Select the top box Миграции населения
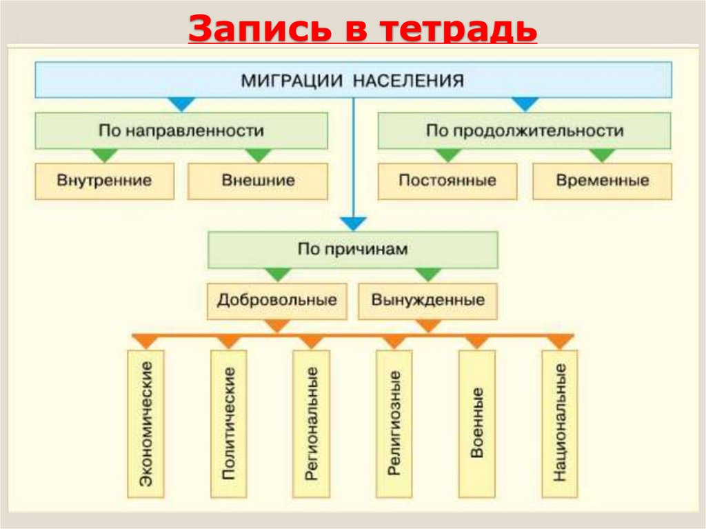pyautogui.click(x=353, y=80)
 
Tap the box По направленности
pyautogui.click(x=181, y=130)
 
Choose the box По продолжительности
pyautogui.click(x=524, y=130)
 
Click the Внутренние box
pyautogui.click(x=105, y=181)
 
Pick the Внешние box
pyautogui.click(x=258, y=181)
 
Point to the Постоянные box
pyautogui.click(x=447, y=181)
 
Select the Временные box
pyautogui.click(x=602, y=181)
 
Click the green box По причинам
pyautogui.click(x=353, y=249)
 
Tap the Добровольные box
pyautogui.click(x=277, y=301)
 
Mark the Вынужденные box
pyautogui.click(x=427, y=301)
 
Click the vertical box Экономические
pyautogui.click(x=145, y=423)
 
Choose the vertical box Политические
pyautogui.click(x=229, y=423)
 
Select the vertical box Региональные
pyautogui.click(x=312, y=423)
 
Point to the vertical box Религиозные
pyautogui.click(x=394, y=423)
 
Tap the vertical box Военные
pyautogui.click(x=477, y=423)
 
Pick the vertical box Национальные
pyautogui.click(x=560, y=423)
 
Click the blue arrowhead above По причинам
pyautogui.click(x=354, y=223)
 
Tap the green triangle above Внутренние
pyautogui.click(x=105, y=155)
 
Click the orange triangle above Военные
pyautogui.click(x=477, y=341)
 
